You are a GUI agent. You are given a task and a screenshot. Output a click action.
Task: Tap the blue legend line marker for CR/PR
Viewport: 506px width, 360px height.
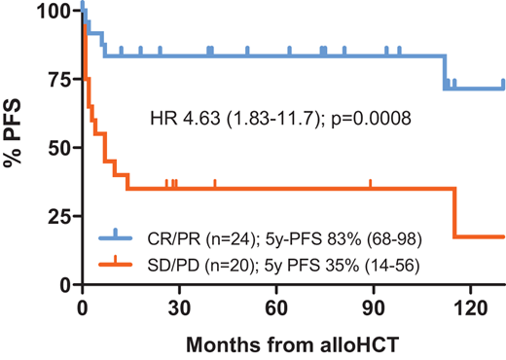click(116, 235)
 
